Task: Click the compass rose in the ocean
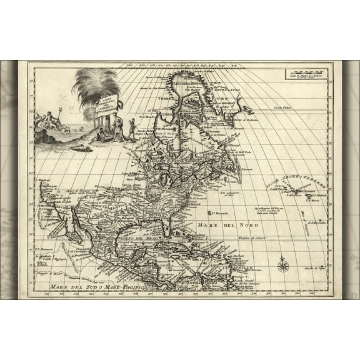click(282, 265)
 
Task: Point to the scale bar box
click(306, 73)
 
